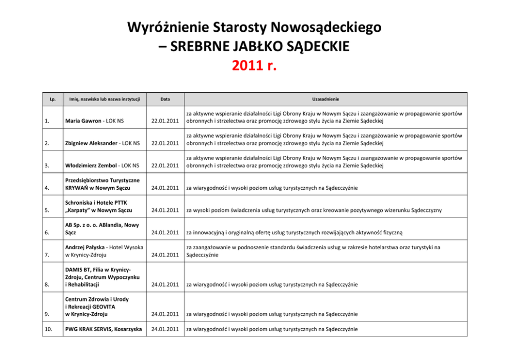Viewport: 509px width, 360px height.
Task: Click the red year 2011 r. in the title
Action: (254, 66)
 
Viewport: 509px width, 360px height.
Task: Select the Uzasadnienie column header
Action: (325, 98)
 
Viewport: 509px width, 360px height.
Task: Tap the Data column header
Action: (165, 98)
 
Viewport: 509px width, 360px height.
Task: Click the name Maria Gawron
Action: (82, 121)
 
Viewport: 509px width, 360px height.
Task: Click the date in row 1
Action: (165, 121)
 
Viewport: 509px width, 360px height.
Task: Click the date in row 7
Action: (165, 255)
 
